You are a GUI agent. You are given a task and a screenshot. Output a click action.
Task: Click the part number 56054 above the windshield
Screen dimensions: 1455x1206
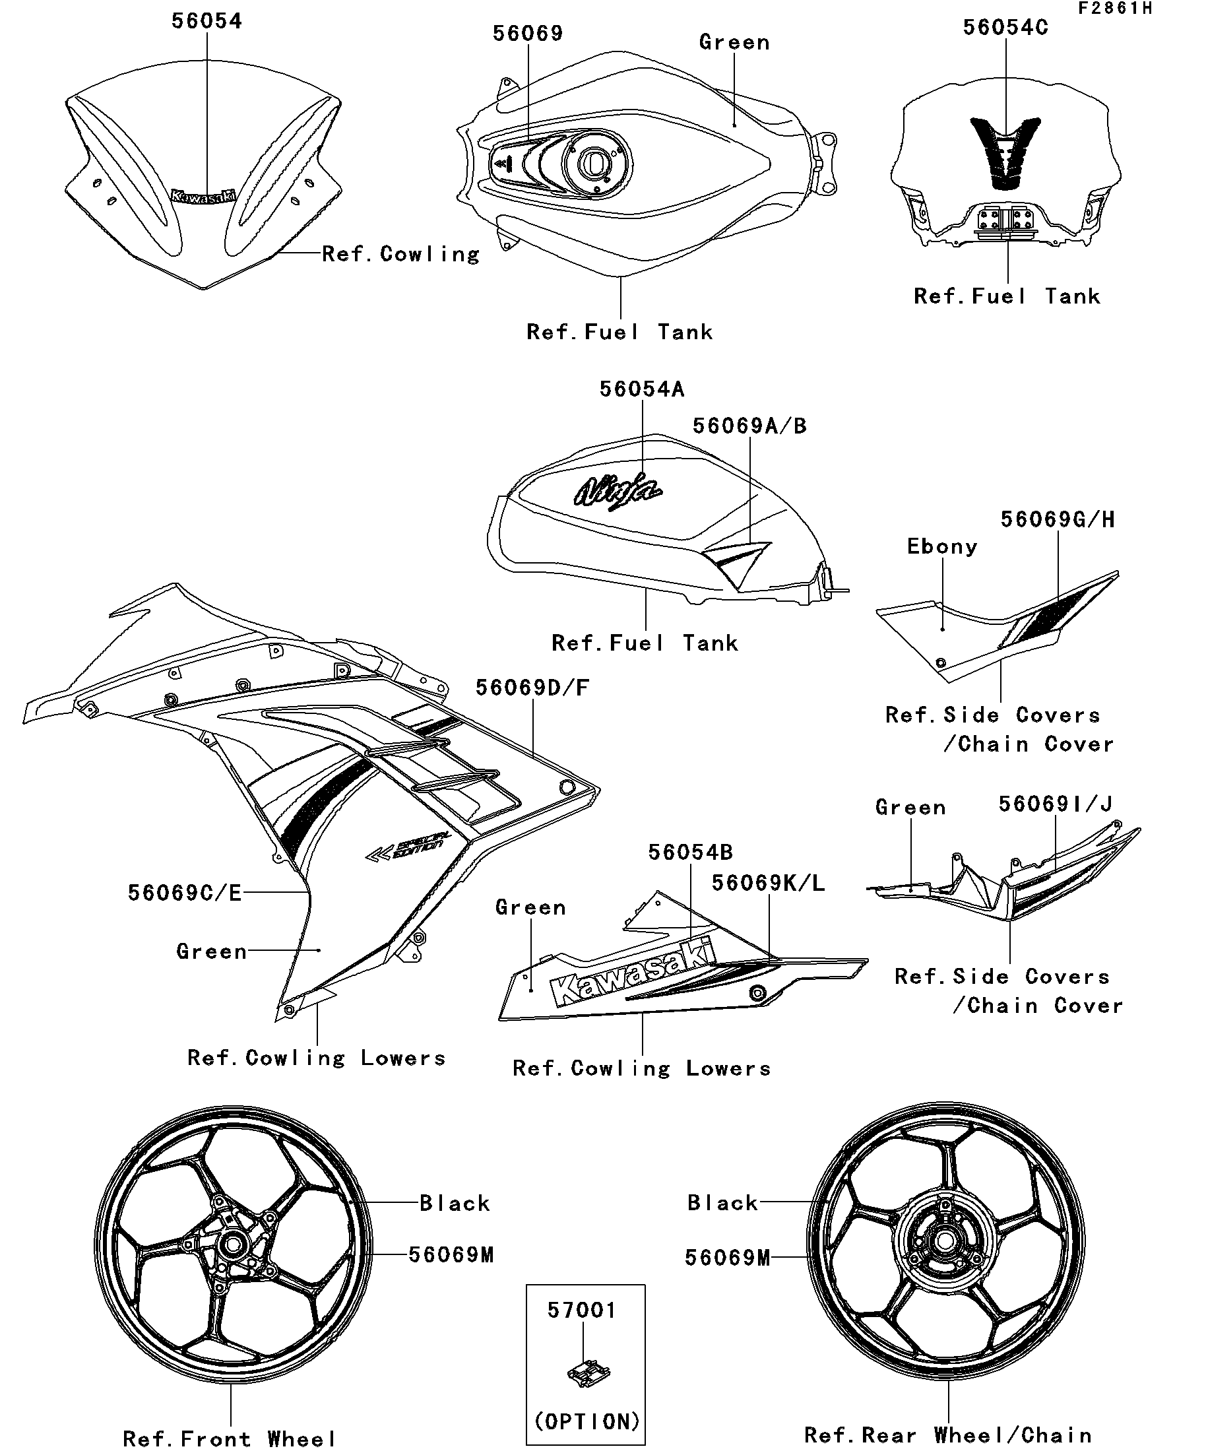(x=206, y=21)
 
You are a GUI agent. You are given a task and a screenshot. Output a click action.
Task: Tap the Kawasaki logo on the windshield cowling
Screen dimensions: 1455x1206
(x=203, y=197)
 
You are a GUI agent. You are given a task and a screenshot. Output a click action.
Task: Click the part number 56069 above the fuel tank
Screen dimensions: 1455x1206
(x=528, y=33)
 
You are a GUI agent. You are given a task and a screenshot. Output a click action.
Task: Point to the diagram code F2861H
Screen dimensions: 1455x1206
(x=1114, y=9)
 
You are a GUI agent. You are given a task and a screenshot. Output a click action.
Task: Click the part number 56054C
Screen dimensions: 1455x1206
(x=1006, y=28)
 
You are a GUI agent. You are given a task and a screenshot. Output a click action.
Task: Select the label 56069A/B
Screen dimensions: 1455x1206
(x=749, y=426)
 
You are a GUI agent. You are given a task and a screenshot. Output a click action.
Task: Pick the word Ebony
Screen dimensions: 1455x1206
(x=942, y=546)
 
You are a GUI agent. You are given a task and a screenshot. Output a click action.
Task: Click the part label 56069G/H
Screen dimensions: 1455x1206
(x=1058, y=520)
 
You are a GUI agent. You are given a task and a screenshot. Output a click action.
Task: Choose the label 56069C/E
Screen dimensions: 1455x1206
(x=185, y=893)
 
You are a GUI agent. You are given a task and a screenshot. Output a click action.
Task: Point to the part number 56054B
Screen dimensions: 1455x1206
(x=690, y=853)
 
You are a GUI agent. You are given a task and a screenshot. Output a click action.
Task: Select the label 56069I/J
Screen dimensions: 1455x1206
(x=1055, y=804)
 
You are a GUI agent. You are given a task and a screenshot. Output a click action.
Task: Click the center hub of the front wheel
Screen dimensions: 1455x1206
(x=233, y=1245)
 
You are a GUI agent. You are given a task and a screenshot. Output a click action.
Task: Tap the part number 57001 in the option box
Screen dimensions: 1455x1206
(x=582, y=1310)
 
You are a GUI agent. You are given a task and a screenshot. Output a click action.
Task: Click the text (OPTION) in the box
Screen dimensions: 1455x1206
(x=587, y=1421)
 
